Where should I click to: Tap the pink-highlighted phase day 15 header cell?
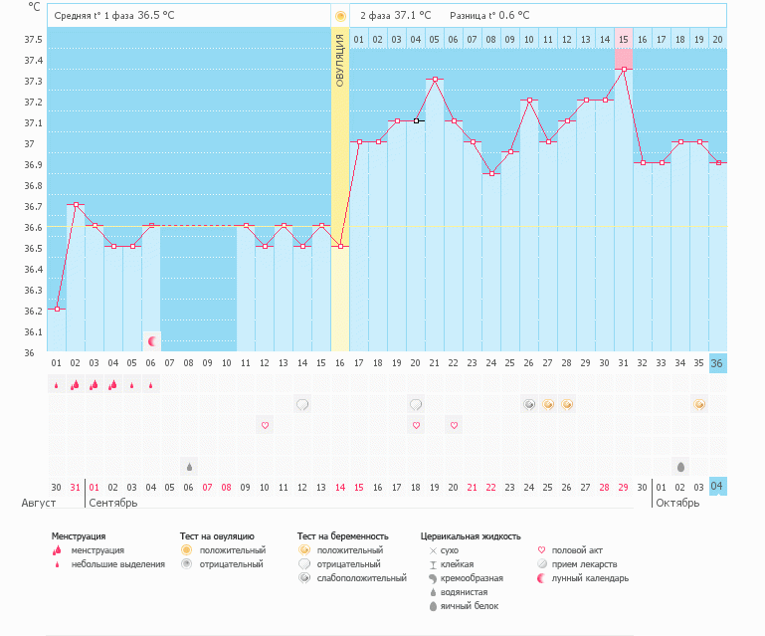(623, 39)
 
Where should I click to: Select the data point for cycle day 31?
(623, 69)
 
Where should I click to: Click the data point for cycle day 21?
(434, 79)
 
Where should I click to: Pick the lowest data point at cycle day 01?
(57, 309)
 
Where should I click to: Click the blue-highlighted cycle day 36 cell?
(717, 363)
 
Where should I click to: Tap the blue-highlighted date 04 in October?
(717, 486)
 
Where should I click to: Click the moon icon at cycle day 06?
(152, 341)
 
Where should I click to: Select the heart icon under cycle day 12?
(266, 425)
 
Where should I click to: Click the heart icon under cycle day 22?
(454, 425)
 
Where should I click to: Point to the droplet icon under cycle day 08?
(189, 466)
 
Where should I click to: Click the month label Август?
(39, 503)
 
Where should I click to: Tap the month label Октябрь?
(676, 503)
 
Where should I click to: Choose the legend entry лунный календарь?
(590, 578)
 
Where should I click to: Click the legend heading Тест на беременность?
(342, 536)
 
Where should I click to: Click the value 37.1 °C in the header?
(413, 16)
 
